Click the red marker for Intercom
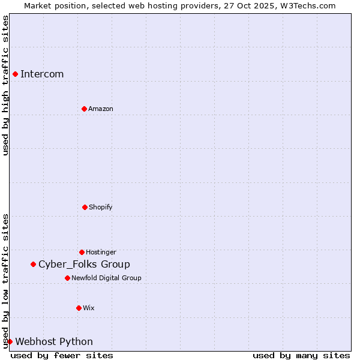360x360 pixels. (15, 74)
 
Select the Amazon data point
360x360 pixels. (84, 109)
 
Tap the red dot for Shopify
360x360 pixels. (85, 207)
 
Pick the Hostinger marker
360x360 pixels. (82, 252)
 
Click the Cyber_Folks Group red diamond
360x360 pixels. (33, 264)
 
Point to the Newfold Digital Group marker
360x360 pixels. (67, 278)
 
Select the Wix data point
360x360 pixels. (79, 308)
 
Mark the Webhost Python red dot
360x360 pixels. (10, 341)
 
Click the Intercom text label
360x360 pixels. (42, 74)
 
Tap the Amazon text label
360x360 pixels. (101, 109)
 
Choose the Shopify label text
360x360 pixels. (101, 207)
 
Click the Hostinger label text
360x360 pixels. (101, 252)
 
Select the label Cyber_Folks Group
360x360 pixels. (84, 264)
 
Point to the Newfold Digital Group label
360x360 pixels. (106, 278)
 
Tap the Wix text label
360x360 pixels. (89, 308)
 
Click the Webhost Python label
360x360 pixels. (54, 341)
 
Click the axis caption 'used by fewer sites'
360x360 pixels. (62, 355)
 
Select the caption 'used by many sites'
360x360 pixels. (301, 355)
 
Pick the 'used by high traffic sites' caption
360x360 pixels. (5, 85)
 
